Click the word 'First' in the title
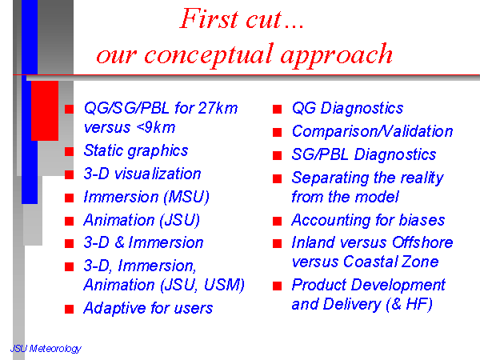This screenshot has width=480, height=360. tap(209, 18)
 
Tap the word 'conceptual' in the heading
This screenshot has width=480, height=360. tap(208, 55)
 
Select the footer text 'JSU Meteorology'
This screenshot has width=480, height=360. tap(46, 349)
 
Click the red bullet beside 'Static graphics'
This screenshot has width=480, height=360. tap(69, 151)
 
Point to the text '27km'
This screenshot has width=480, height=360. tap(218, 108)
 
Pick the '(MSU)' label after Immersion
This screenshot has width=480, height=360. tap(186, 197)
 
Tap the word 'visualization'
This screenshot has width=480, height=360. tap(158, 174)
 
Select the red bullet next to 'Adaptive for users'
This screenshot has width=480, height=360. tap(69, 309)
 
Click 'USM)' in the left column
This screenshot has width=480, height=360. tap(224, 285)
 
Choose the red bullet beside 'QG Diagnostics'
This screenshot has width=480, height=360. tap(277, 109)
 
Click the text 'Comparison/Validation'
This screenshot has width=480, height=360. tap(372, 131)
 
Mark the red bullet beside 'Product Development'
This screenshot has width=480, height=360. tap(277, 286)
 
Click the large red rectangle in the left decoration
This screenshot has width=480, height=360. tap(45, 111)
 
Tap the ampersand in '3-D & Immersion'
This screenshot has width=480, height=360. tap(120, 242)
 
